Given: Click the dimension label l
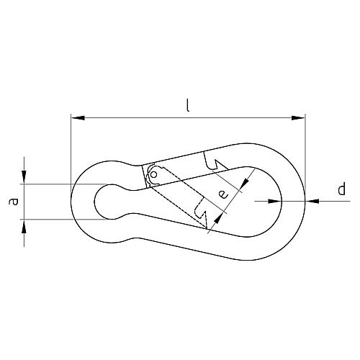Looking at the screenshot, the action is pyautogui.click(x=188, y=106).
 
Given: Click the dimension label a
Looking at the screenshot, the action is pyautogui.click(x=14, y=201).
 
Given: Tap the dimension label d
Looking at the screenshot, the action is pyautogui.click(x=341, y=189).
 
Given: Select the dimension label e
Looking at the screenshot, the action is pyautogui.click(x=224, y=194).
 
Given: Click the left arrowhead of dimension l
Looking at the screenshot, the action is pyautogui.click(x=78, y=118).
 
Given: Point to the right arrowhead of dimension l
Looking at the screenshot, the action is pyautogui.click(x=298, y=118).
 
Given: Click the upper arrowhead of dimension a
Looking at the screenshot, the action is pyautogui.click(x=24, y=177).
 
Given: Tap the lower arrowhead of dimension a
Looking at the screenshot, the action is pyautogui.click(x=24, y=226).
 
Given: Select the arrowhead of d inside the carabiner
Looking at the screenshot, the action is pyautogui.click(x=275, y=201).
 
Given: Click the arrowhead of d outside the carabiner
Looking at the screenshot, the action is pyautogui.click(x=312, y=201).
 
